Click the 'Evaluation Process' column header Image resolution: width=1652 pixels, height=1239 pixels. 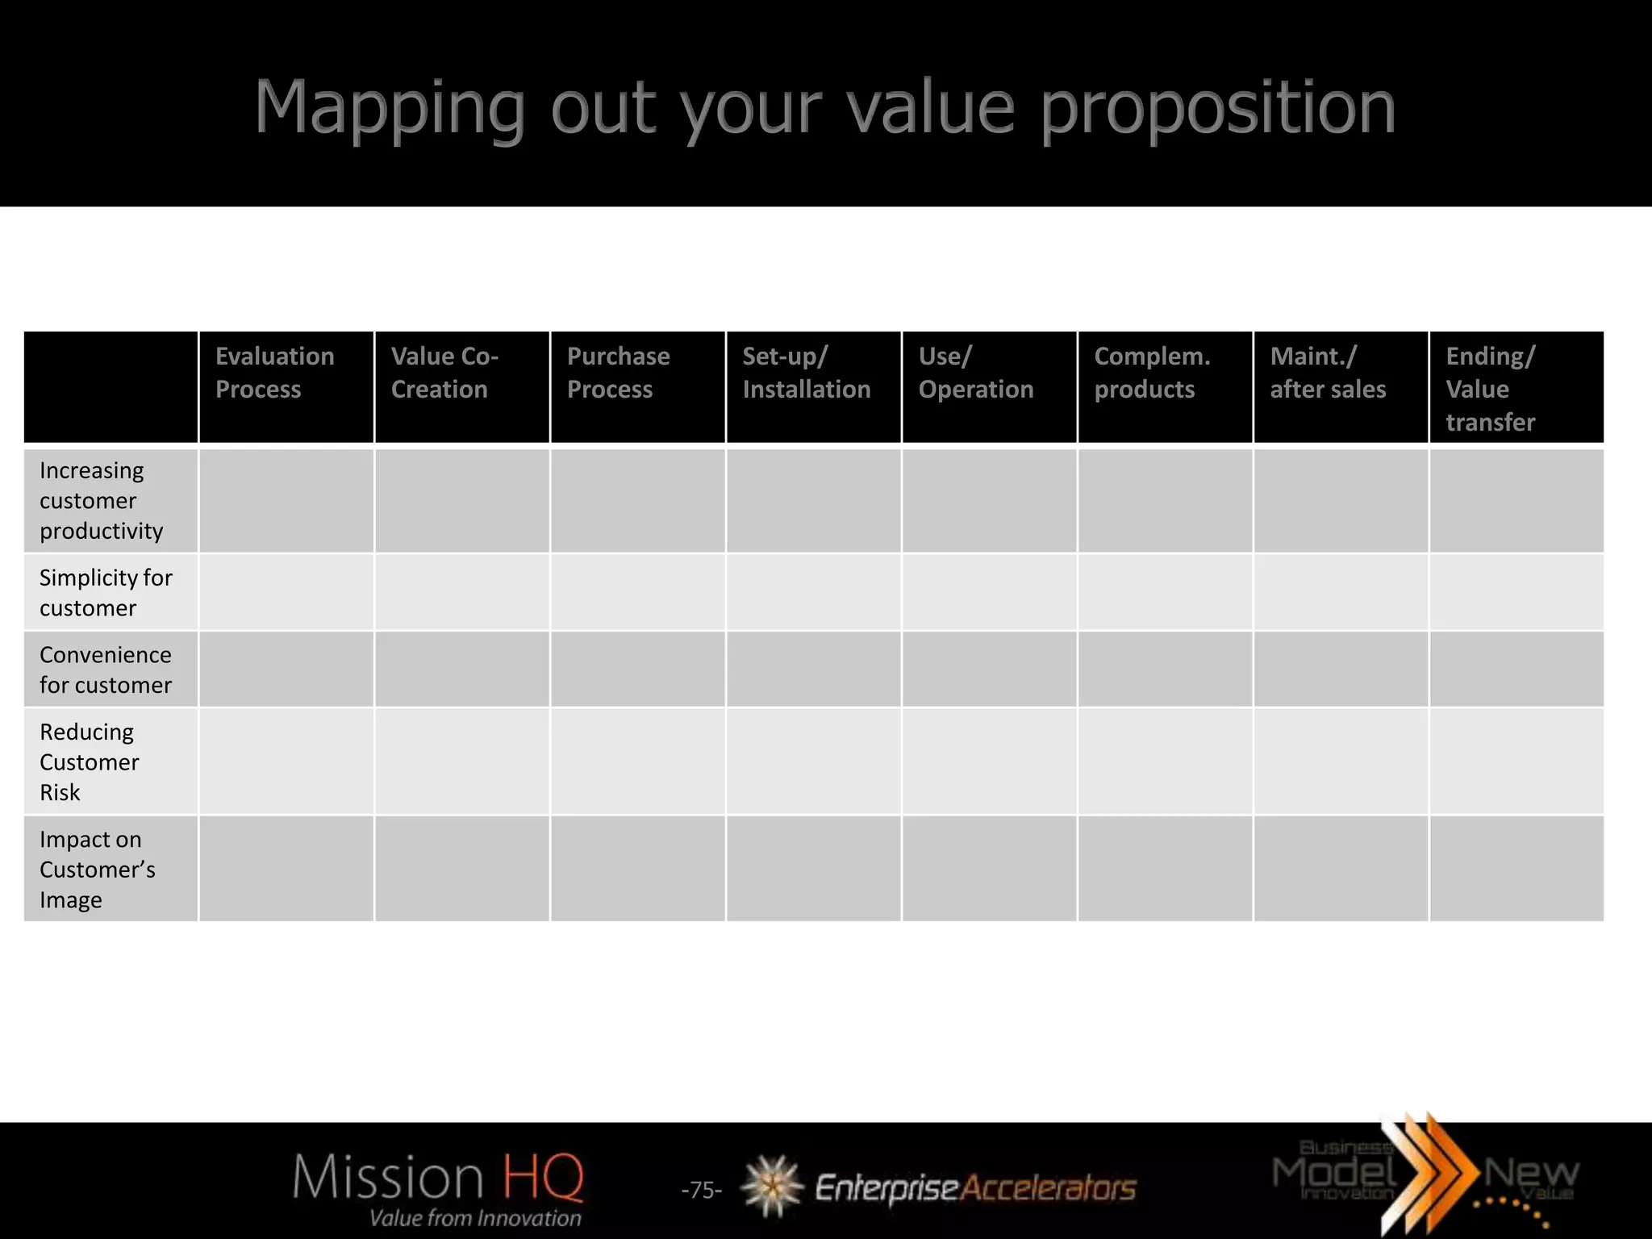point(274,373)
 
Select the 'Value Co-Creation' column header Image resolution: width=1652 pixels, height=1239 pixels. point(444,373)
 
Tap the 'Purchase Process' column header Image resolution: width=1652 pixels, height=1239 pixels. point(618,373)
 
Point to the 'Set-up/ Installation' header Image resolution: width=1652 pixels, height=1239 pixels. point(806,373)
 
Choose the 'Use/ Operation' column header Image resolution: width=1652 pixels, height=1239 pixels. point(975,373)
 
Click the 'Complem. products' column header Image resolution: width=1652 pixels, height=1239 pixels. point(1152,373)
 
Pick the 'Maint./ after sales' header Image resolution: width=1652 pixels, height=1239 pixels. point(1328,373)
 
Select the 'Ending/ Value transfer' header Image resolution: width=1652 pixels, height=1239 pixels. point(1491,389)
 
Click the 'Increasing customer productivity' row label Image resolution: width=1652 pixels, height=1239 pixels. point(102,500)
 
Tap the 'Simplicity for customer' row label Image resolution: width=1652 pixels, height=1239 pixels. point(106,592)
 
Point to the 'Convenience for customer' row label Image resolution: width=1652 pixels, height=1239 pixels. point(106,670)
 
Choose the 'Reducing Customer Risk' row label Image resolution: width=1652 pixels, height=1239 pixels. point(89,761)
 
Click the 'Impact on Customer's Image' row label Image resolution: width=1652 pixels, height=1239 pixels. point(97,869)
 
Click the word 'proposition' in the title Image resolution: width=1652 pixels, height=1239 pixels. point(1217,109)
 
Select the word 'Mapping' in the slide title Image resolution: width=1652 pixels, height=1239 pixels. point(390,109)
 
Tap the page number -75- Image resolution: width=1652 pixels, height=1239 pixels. point(701,1190)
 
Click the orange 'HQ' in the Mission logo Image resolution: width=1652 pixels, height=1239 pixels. point(542,1177)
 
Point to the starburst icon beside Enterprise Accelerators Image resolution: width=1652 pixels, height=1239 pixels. point(772,1186)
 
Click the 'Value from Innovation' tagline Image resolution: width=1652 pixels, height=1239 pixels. point(475,1218)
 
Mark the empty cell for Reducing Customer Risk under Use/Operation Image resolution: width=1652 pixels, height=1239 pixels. point(990,761)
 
